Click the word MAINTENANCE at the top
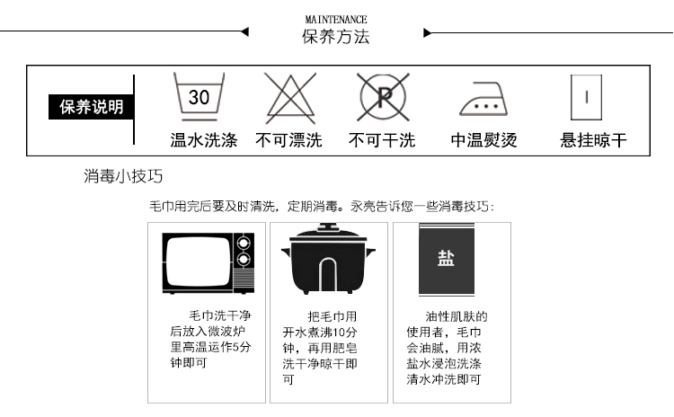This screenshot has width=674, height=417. pyautogui.click(x=336, y=19)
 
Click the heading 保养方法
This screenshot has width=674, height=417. pyautogui.click(x=336, y=37)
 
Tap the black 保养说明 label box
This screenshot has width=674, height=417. pyautogui.click(x=85, y=108)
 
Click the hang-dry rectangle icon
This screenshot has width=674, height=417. pyautogui.click(x=586, y=97)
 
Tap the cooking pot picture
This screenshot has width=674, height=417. pyautogui.click(x=329, y=262)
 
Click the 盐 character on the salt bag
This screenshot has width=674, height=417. pyautogui.click(x=446, y=259)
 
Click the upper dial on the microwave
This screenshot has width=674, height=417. pyautogui.click(x=241, y=243)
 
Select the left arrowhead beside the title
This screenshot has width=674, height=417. pyautogui.click(x=244, y=32)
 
